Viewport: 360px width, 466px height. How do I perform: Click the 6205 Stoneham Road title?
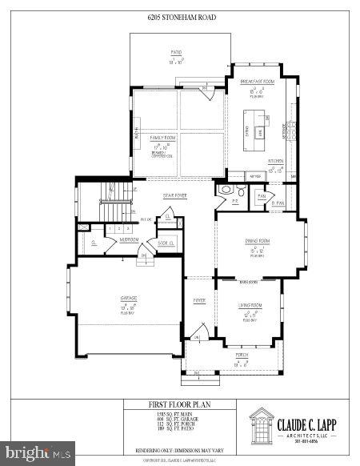coord(181,17)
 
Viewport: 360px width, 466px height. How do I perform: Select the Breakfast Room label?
coord(258,82)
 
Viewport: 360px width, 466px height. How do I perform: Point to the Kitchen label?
coord(276,160)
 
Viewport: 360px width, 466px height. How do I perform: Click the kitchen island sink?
coord(260,131)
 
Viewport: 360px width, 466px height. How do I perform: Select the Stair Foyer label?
coord(175,195)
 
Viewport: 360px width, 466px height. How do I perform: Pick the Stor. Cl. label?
coord(166,242)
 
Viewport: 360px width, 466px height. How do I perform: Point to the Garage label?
coord(129,298)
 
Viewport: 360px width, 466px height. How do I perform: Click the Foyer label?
coord(198,300)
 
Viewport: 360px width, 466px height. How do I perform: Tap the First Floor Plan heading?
coord(179,406)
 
